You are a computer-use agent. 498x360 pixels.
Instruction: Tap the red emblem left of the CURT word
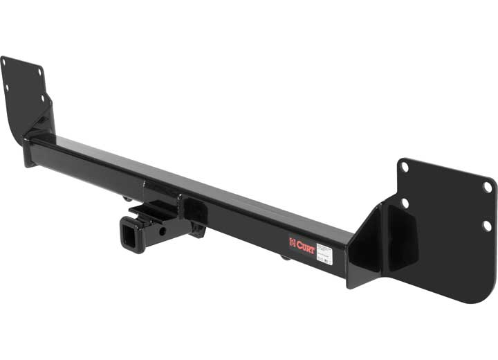293,242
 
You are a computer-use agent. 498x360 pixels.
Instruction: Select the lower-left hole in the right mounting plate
405,203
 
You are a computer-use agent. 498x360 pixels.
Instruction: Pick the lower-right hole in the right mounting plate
486,225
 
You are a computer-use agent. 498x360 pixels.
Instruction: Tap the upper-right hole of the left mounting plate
39,72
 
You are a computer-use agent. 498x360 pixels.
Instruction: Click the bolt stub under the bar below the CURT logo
284,258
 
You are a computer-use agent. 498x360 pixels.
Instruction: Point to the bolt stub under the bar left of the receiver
129,199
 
